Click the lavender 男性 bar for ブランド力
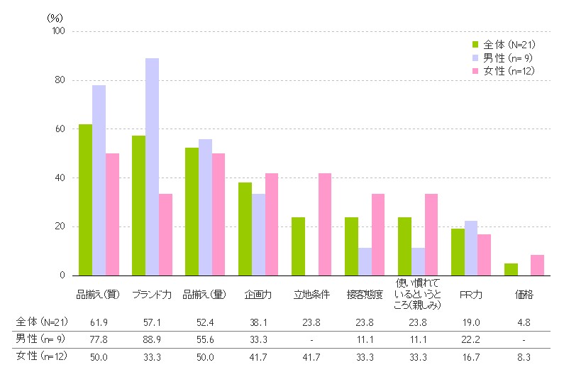click(152, 167)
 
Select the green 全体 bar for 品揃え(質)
click(85, 200)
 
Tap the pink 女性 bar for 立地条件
click(325, 224)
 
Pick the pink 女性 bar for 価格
click(537, 265)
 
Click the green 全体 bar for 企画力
click(245, 229)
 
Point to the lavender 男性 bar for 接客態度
click(365, 261)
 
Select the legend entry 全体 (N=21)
click(503, 45)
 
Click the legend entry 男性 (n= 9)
click(503, 58)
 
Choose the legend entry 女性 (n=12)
click(503, 70)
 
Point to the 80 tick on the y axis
click(59, 80)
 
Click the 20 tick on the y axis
click(59, 227)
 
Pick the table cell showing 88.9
click(152, 338)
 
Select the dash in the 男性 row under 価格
click(524, 338)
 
